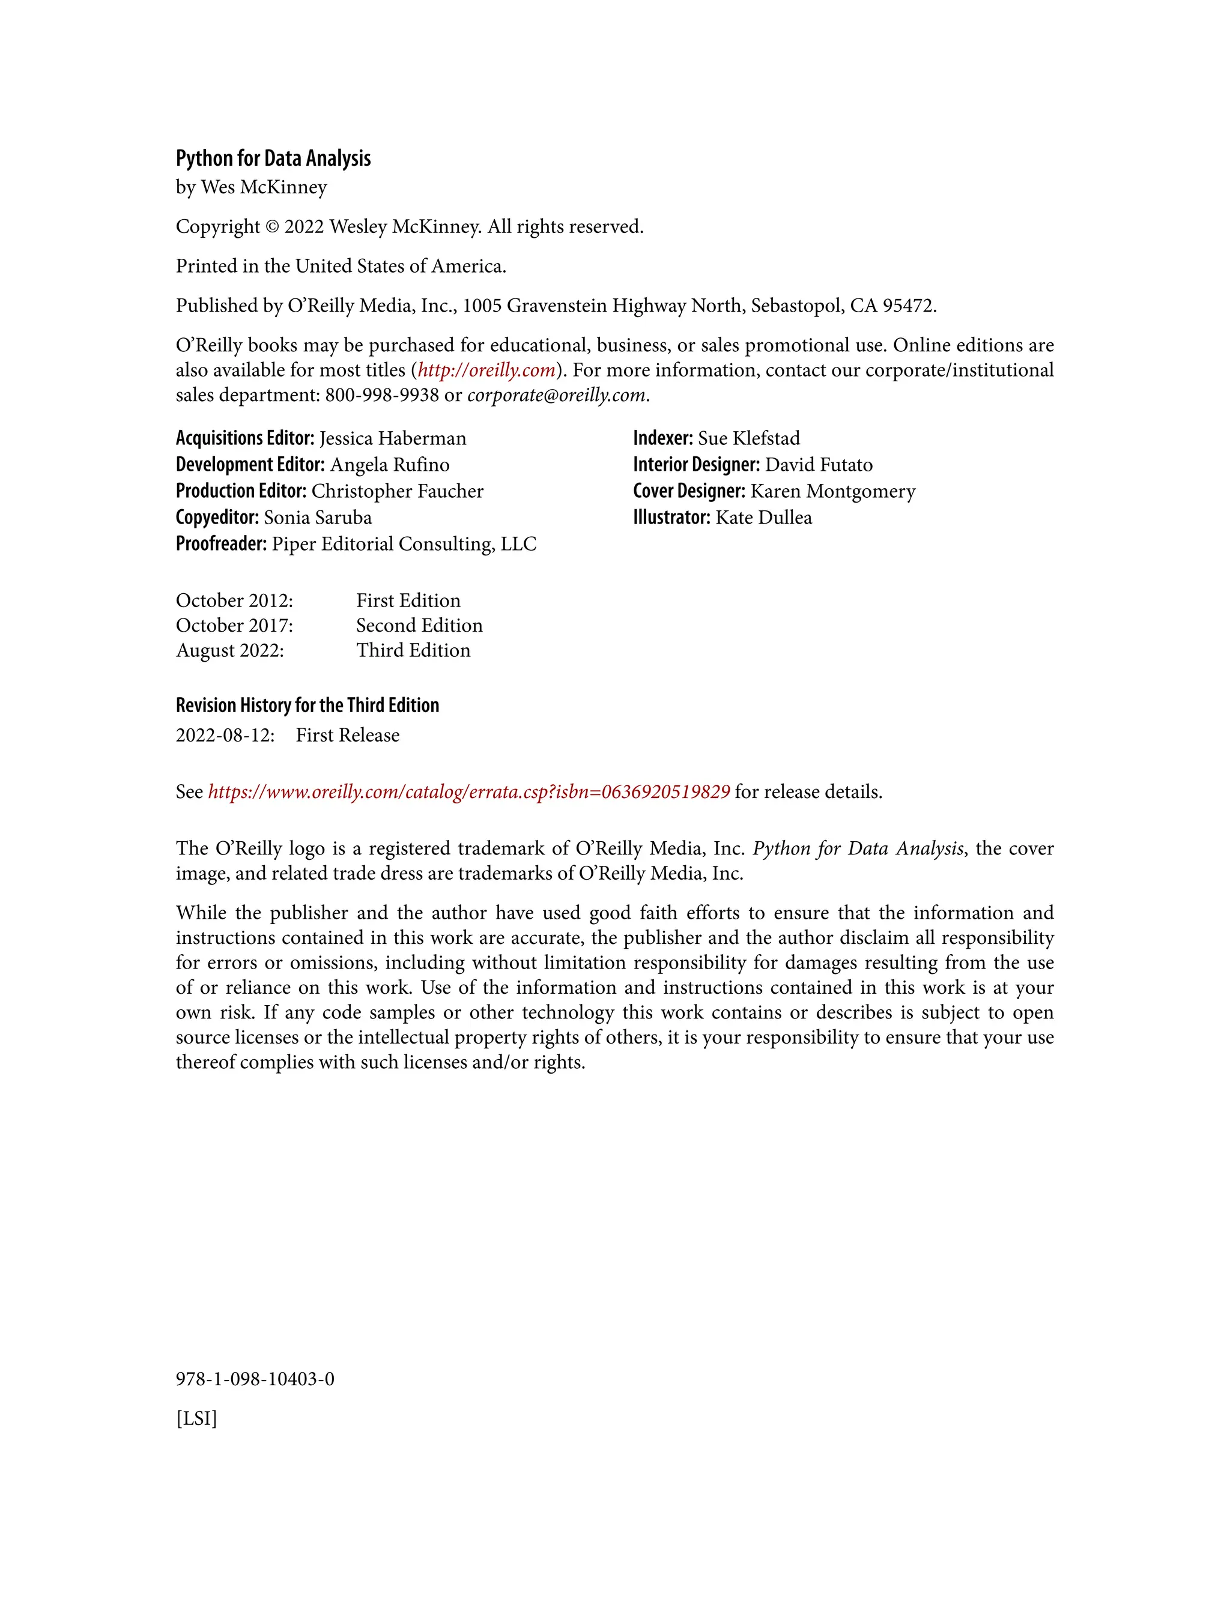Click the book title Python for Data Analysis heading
(273, 158)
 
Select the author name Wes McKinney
(264, 187)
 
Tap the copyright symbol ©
(271, 227)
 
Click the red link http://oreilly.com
(486, 370)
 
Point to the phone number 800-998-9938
(381, 395)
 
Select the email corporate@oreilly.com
(556, 395)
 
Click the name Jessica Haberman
(392, 438)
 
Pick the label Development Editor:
(250, 465)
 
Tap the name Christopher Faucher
(397, 491)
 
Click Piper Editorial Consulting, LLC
(404, 544)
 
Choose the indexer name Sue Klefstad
(748, 438)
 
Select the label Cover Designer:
(689, 491)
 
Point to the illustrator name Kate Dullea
(763, 518)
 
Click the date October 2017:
(234, 626)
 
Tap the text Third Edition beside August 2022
(413, 651)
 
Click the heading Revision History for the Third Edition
(307, 705)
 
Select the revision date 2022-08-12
(225, 736)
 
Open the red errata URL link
(468, 792)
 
